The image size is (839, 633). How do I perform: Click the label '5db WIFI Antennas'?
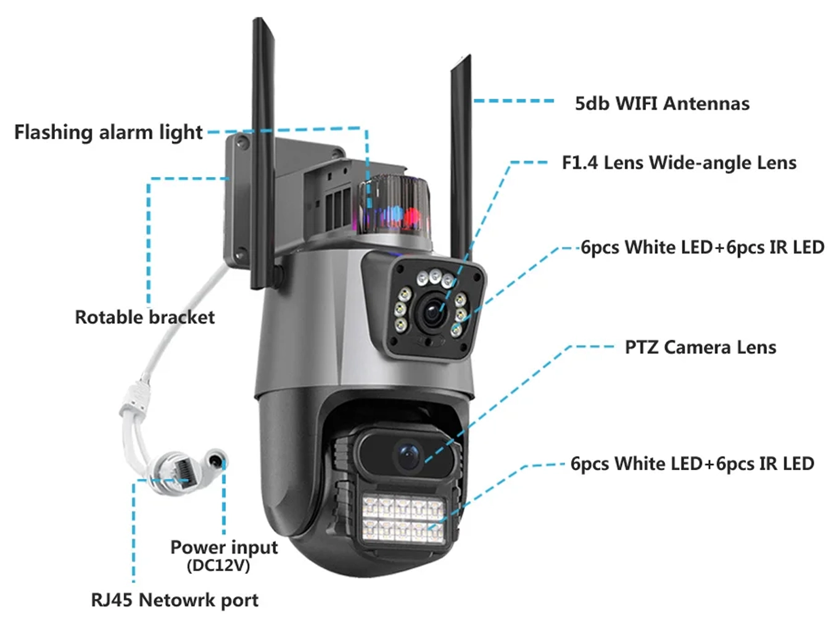click(x=662, y=104)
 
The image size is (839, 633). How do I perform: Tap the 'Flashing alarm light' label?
click(x=108, y=132)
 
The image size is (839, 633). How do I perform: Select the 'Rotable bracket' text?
click(x=144, y=317)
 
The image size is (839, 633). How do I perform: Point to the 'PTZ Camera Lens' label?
click(x=700, y=347)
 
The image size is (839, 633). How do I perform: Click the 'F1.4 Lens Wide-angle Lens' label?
click(x=679, y=163)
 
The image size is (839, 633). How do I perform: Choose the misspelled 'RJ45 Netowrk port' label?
click(x=175, y=600)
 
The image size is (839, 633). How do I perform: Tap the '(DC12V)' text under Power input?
click(x=218, y=566)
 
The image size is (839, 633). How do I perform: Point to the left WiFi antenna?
click(x=264, y=142)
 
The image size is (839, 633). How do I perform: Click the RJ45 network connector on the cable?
click(x=176, y=470)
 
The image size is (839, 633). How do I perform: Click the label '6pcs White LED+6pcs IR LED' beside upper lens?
click(x=702, y=247)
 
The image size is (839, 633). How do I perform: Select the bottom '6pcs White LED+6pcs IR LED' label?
click(x=692, y=464)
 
